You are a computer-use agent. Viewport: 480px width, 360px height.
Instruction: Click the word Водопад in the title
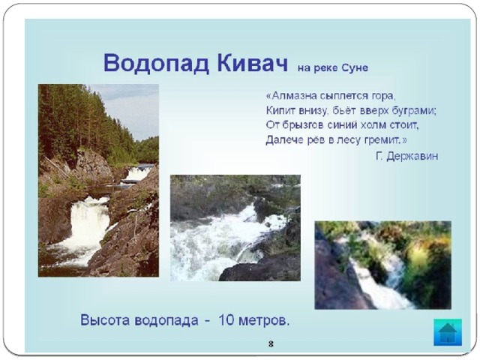pyautogui.click(x=157, y=63)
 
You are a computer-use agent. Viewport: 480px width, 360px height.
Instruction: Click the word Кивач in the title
pyautogui.click(x=252, y=63)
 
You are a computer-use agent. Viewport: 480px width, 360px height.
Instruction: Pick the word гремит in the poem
pyautogui.click(x=382, y=140)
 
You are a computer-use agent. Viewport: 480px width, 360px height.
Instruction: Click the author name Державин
pyautogui.click(x=412, y=157)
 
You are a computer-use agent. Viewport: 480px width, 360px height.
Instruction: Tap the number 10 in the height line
pyautogui.click(x=226, y=320)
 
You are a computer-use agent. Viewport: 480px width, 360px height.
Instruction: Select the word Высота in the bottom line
pyautogui.click(x=106, y=320)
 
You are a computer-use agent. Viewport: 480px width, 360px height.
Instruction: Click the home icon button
pyautogui.click(x=448, y=332)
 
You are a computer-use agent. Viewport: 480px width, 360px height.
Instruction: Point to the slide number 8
pyautogui.click(x=271, y=344)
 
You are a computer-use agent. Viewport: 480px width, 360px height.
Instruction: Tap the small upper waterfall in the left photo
pyautogui.click(x=138, y=173)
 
